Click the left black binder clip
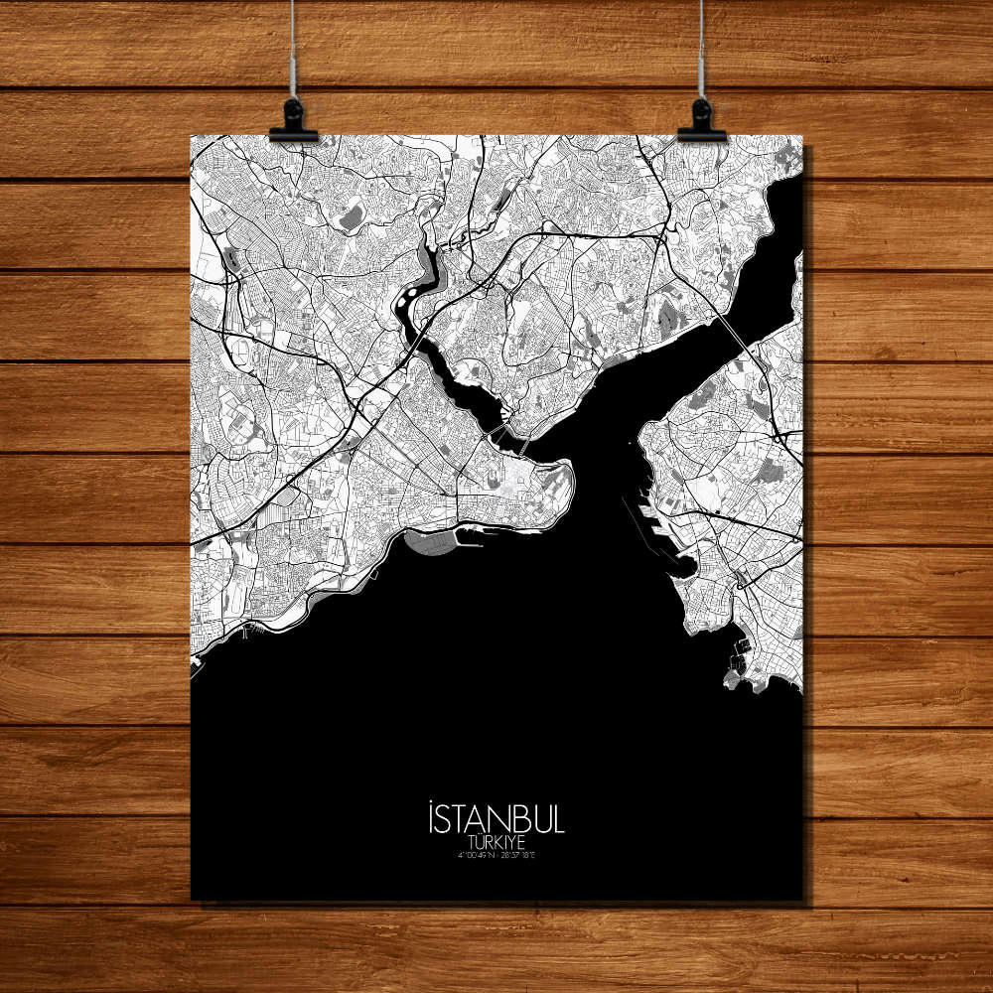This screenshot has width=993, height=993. (293, 121)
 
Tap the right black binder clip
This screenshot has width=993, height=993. (701, 121)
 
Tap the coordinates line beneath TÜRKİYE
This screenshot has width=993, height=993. (496, 855)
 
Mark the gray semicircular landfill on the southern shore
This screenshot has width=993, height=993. (430, 541)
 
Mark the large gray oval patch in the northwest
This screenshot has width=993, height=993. (352, 219)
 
